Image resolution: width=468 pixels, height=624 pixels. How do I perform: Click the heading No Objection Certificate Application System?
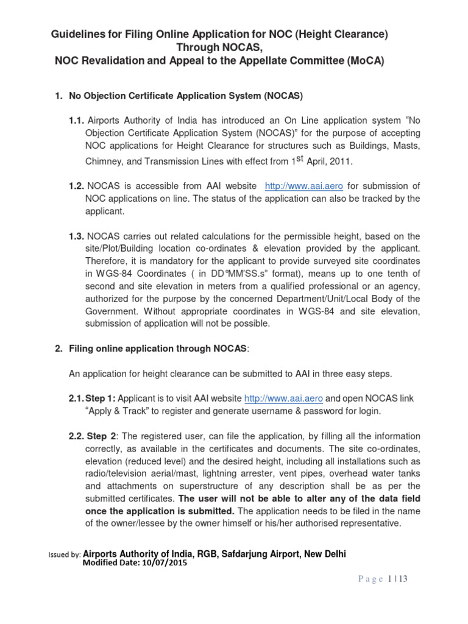click(x=186, y=96)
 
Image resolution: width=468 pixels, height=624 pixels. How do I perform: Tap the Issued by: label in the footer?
click(x=63, y=555)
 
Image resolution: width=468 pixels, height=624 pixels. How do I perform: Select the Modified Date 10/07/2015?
click(x=134, y=563)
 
